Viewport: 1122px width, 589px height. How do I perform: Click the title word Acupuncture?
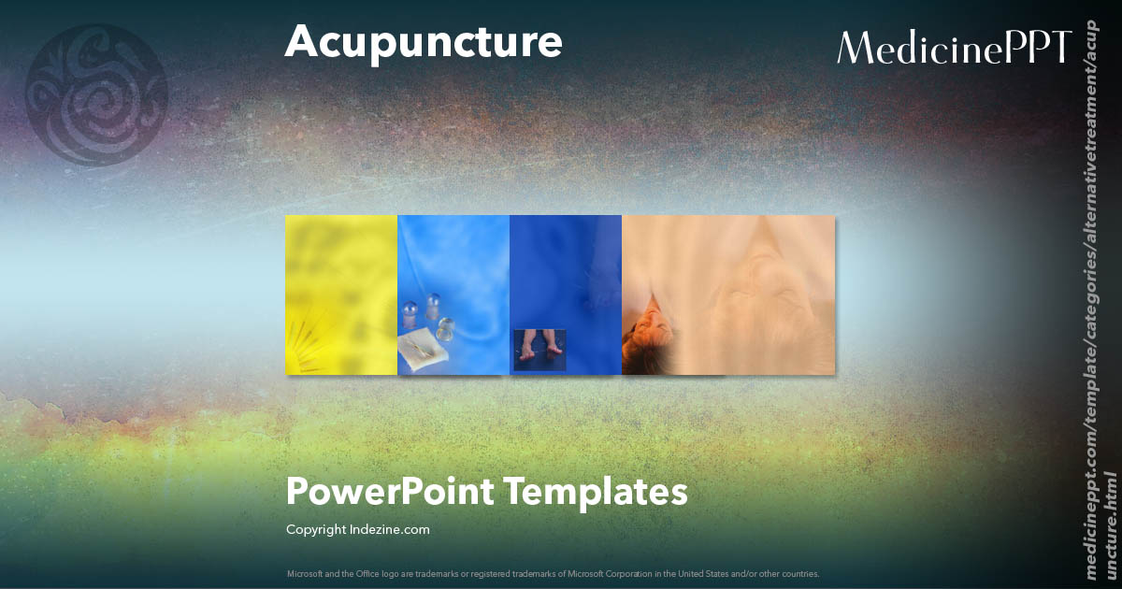point(423,42)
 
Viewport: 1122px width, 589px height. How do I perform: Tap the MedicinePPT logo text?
point(954,47)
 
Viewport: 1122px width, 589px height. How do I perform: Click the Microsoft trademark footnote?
point(554,573)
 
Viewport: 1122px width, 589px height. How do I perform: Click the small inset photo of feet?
point(540,349)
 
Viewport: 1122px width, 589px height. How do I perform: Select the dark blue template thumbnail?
point(566,271)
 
